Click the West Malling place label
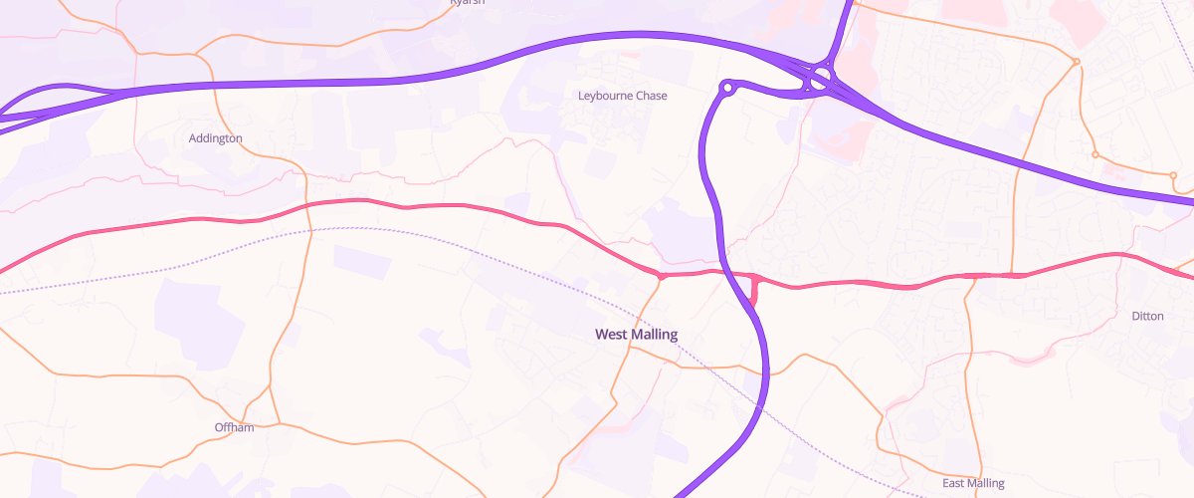pos(636,335)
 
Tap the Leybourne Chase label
pos(623,96)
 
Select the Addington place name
pos(215,138)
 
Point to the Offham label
pos(234,427)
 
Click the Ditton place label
pos(1147,316)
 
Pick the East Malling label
pos(973,483)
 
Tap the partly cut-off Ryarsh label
pos(467,3)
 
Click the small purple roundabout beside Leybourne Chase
pos(727,89)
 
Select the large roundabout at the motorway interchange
pos(820,80)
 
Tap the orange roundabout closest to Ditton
pos(1173,176)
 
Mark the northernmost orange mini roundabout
pos(1077,63)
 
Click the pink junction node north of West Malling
pos(659,275)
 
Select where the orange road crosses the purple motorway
pos(213,86)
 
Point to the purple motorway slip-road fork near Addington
pos(109,92)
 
